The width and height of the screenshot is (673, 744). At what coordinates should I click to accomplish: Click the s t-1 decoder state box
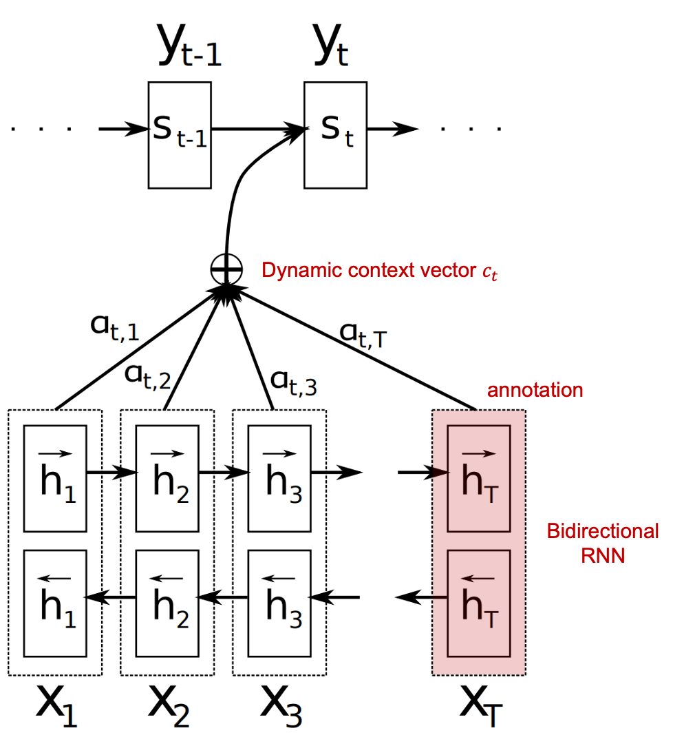tap(179, 134)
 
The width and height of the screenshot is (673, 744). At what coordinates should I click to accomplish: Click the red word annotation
tap(535, 390)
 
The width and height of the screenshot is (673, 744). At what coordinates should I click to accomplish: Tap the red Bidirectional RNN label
tap(603, 543)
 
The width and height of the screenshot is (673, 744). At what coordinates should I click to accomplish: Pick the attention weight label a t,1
tap(115, 329)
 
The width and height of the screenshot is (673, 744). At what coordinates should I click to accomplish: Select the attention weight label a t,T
tap(364, 334)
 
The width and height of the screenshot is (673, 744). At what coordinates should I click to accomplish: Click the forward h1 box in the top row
tap(55, 478)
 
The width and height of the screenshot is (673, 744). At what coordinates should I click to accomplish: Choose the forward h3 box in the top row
tap(279, 478)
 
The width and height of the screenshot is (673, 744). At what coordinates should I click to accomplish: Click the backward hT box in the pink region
tap(478, 603)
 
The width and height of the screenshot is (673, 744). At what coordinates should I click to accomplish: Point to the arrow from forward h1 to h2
tap(111, 473)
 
